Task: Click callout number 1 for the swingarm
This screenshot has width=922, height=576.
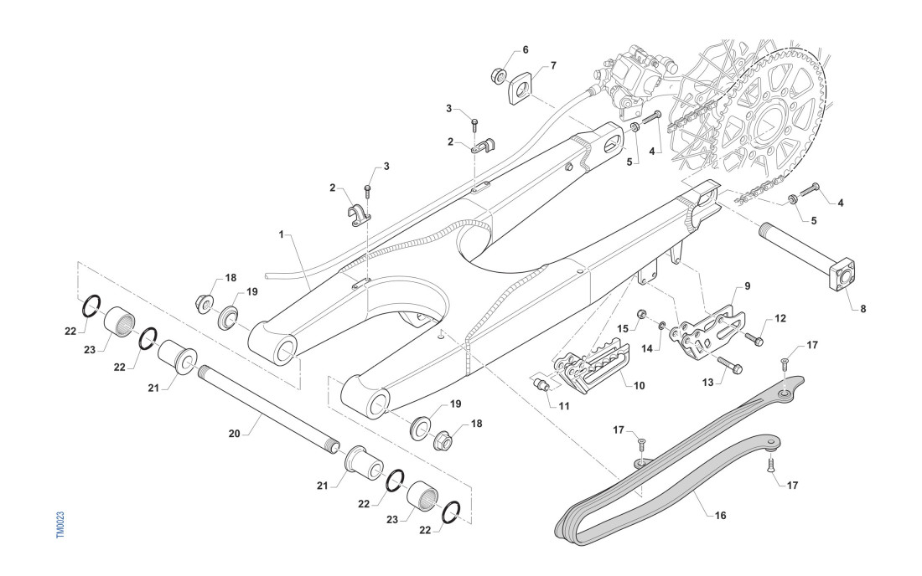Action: (x=282, y=234)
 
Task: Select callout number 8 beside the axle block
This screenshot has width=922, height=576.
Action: (x=862, y=308)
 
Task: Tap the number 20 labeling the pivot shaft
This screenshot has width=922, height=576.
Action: (x=236, y=433)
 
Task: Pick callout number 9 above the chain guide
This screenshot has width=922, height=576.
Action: (x=747, y=285)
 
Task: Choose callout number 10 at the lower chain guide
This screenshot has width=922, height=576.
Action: (x=639, y=386)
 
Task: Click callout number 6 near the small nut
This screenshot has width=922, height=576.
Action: (x=526, y=49)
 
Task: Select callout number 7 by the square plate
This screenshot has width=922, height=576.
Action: (x=552, y=65)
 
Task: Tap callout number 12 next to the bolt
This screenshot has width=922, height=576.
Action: (x=780, y=318)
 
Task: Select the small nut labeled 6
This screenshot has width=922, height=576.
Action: (x=498, y=76)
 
